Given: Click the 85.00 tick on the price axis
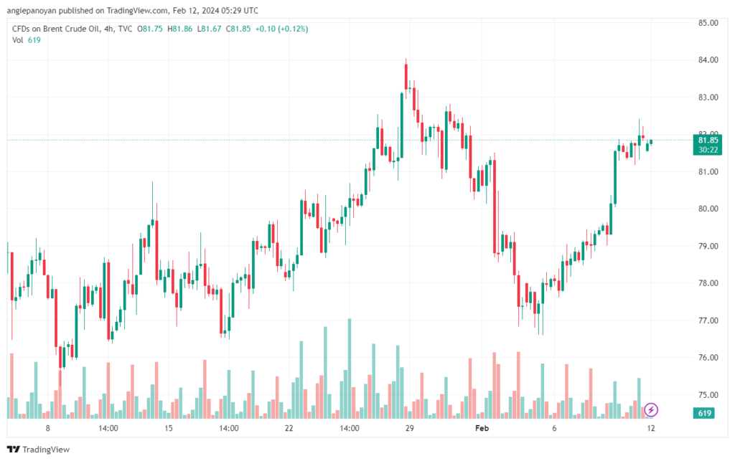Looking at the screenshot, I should [x=708, y=22].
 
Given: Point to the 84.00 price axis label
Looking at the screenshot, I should [x=708, y=60].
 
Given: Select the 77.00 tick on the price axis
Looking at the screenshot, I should [x=708, y=320].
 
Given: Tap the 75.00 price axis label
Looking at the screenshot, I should [x=708, y=395].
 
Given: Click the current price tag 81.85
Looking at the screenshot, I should [x=708, y=141].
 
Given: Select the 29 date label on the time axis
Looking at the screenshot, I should [x=410, y=428].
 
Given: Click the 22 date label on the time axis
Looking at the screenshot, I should [x=289, y=428].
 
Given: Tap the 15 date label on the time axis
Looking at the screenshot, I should [x=169, y=428].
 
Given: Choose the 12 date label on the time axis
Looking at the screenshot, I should [x=650, y=428].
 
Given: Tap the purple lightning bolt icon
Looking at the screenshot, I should [x=651, y=410].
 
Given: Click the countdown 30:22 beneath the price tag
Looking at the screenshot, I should [x=708, y=150].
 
